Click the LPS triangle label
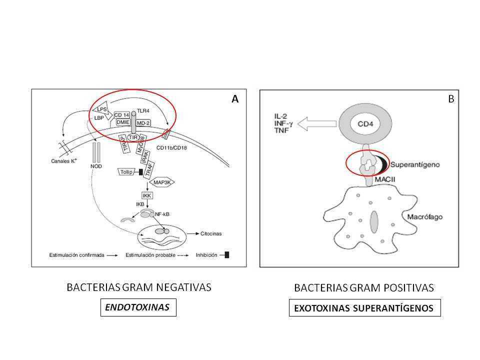point(101,109)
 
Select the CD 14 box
point(122,114)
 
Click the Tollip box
point(126,171)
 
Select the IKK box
point(146,195)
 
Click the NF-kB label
point(163,214)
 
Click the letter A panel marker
point(234,99)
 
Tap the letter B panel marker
point(450,99)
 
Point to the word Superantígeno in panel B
point(412,164)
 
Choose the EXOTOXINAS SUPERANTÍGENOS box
point(364,308)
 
